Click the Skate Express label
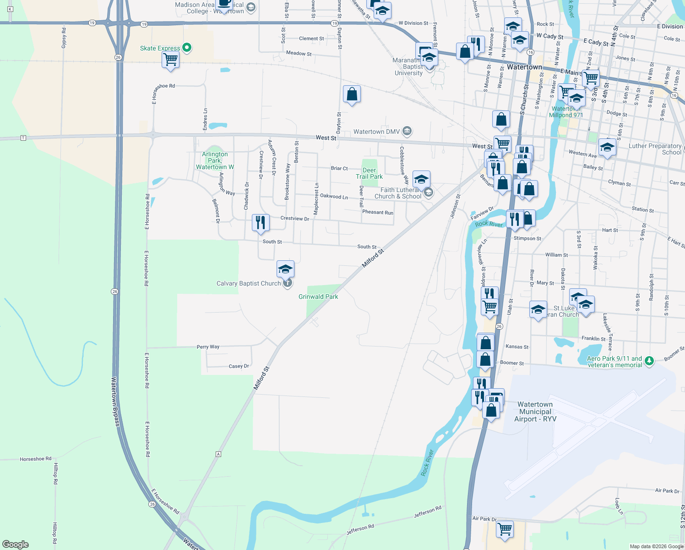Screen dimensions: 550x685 160,48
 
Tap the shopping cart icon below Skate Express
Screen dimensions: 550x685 170,59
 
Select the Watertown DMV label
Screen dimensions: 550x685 376,132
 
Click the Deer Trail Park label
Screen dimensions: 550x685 369,173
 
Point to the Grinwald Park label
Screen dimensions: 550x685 318,297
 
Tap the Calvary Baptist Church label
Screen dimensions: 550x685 249,284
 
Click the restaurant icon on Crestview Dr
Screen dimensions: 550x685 261,222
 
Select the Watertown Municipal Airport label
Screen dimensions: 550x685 535,412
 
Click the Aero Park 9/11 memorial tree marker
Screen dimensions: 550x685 649,361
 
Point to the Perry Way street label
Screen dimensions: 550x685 208,347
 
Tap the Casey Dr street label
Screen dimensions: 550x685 239,366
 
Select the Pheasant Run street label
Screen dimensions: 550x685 378,212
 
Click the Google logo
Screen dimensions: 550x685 16,544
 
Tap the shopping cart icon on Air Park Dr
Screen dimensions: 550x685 505,529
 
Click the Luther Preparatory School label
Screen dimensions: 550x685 655,149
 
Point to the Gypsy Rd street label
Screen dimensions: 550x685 64,38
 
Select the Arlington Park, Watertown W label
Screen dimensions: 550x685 215,160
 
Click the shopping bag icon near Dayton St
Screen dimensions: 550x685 352,94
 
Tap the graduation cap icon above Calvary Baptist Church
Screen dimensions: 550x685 285,269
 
